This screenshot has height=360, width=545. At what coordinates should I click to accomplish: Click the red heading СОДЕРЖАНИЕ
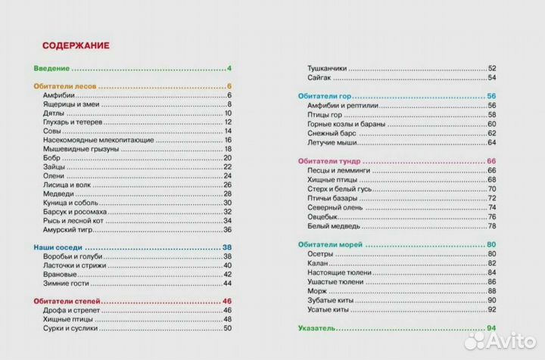click(76, 45)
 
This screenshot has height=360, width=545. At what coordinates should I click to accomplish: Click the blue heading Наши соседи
click(58, 248)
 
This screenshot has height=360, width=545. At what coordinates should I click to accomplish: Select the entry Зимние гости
click(66, 283)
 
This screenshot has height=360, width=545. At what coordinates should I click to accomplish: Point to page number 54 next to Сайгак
click(491, 78)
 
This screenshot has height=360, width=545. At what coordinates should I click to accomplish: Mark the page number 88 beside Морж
click(491, 290)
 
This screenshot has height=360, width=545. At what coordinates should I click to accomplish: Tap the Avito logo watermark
click(499, 341)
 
